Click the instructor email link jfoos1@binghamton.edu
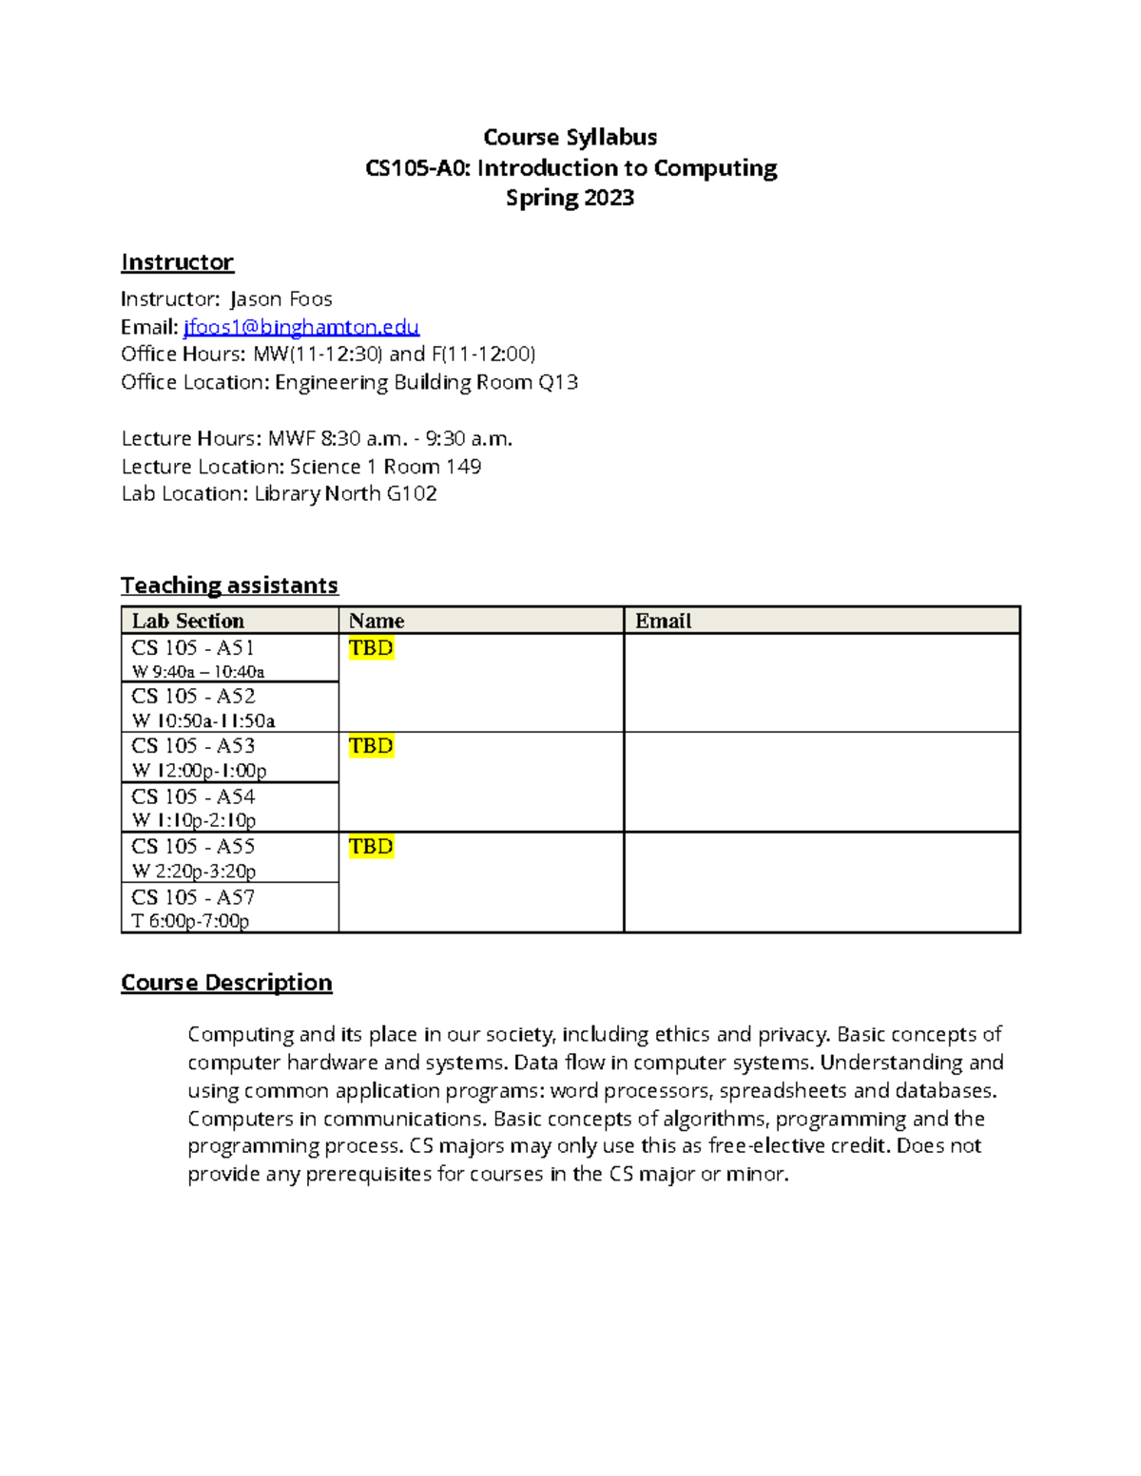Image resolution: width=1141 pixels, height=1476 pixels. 301,327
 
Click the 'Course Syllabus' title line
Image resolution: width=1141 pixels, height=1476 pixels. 570,138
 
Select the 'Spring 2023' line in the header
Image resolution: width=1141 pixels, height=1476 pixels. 570,198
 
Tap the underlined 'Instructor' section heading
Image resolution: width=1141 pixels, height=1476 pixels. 177,262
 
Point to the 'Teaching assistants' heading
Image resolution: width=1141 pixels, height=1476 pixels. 229,585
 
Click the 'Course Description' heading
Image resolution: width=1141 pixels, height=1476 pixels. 226,983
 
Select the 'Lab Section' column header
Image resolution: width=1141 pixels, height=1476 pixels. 188,621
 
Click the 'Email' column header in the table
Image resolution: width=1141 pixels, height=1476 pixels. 663,621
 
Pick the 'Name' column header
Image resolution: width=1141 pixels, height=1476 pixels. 377,621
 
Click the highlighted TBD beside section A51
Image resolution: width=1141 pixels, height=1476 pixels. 371,648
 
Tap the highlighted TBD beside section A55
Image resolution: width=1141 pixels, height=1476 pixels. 371,847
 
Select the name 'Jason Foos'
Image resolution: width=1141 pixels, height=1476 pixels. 281,299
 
